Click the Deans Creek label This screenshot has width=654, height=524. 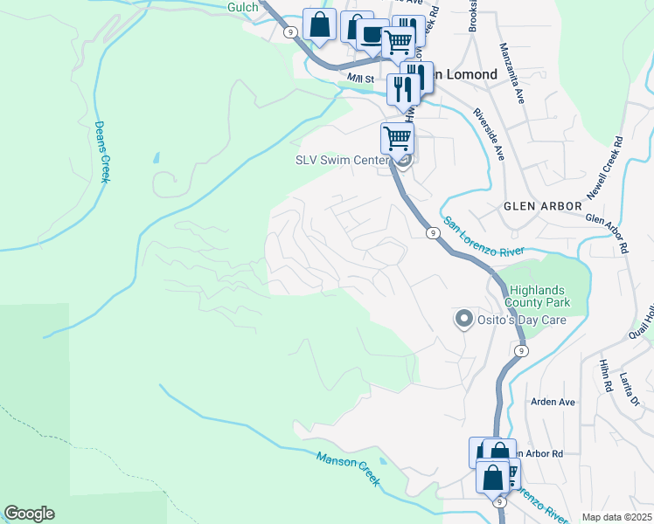point(102,152)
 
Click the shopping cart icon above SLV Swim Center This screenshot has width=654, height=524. point(397,138)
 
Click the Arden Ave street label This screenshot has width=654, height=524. point(553,402)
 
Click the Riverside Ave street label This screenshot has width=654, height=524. point(490,134)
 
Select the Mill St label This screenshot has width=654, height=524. point(359,79)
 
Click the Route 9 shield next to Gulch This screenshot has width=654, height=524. point(290,31)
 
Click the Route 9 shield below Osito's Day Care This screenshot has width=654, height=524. point(520,350)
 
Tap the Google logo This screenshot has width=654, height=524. point(29,514)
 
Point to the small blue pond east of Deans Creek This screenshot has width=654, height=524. point(156,159)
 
